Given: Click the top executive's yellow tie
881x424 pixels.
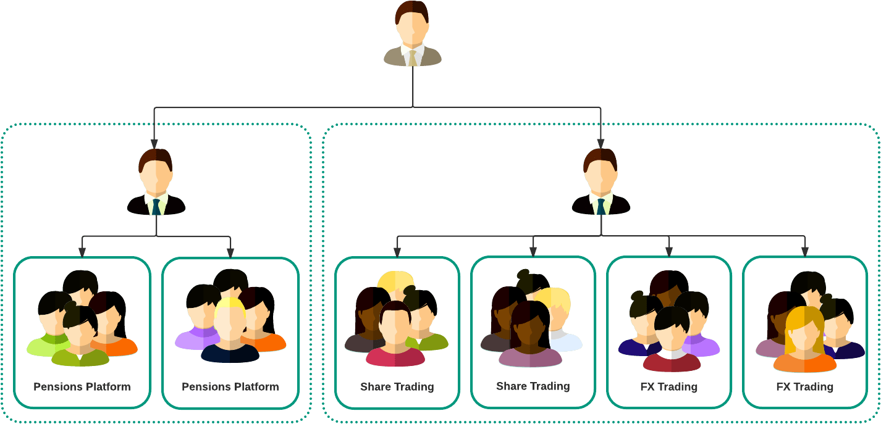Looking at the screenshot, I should tap(413, 58).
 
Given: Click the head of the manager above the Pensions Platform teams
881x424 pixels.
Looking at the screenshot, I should tap(155, 171).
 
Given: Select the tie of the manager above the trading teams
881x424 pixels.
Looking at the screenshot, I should tap(601, 206).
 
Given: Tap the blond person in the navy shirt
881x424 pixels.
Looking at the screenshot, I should tap(230, 330).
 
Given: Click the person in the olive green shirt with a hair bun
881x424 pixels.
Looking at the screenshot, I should tap(80, 336).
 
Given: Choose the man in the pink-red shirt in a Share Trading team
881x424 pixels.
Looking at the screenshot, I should tap(395, 336).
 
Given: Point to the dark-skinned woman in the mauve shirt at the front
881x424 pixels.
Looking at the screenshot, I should tap(530, 336).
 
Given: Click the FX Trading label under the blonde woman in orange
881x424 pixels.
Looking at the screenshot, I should tap(804, 388).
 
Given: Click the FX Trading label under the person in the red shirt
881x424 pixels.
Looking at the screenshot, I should tap(668, 388).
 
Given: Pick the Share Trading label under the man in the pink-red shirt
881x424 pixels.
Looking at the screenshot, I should tap(397, 388).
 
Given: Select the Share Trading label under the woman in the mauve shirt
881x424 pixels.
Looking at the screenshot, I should tap(533, 386).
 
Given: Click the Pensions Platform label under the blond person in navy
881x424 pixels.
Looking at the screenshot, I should tap(230, 387).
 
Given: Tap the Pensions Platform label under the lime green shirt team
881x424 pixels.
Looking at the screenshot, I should tap(82, 387).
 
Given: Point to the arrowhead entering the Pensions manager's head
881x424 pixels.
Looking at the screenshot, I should tap(154, 144).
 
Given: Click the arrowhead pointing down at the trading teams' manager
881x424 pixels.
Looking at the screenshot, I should tap(601, 144).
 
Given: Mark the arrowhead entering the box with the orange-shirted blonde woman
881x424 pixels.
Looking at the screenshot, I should tap(804, 251).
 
